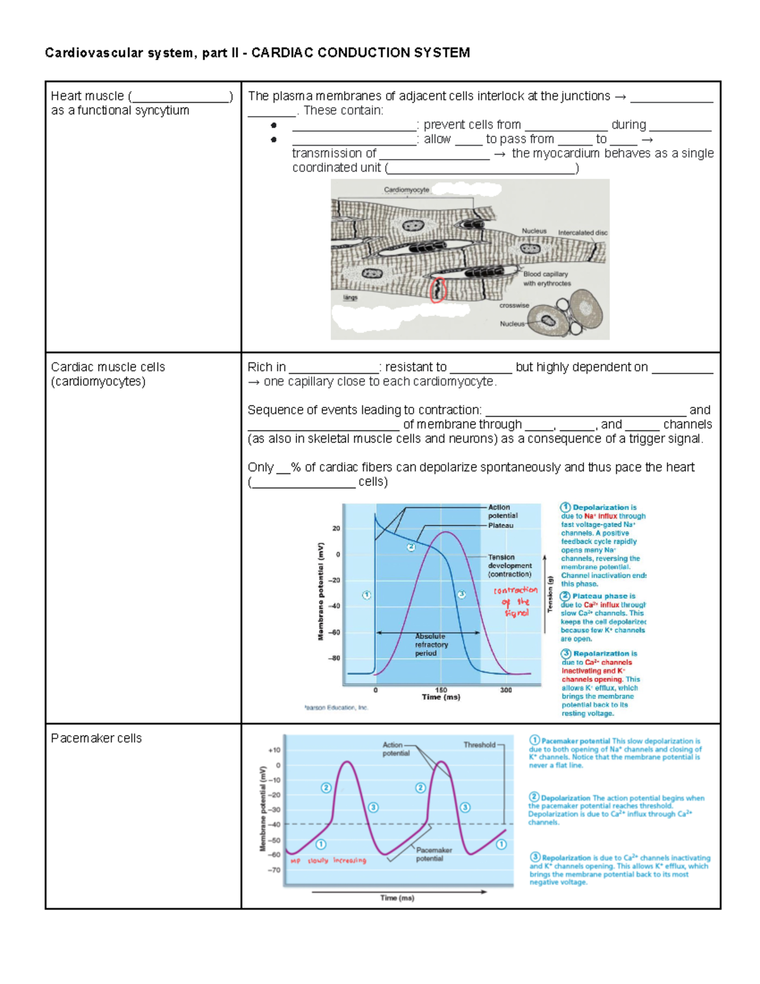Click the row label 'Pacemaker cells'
coord(96,738)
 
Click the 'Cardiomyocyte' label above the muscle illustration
coord(407,189)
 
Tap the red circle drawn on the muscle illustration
coord(438,290)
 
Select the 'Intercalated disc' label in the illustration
coord(582,233)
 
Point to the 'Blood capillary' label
coord(545,274)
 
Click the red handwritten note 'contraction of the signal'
coord(516,601)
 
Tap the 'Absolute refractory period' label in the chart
coord(431,644)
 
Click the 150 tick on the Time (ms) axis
coord(441,690)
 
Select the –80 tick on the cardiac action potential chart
coord(334,658)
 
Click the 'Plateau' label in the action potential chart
coord(500,525)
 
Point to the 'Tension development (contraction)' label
coord(509,566)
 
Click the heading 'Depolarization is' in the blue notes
coord(604,508)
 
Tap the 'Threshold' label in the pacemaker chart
coord(479,745)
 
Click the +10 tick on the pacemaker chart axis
coord(274,750)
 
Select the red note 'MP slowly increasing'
coord(328,860)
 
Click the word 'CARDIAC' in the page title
coord(282,53)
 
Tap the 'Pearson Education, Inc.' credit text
coord(336,708)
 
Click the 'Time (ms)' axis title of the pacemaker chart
coord(397,898)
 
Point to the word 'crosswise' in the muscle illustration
coord(514,305)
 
